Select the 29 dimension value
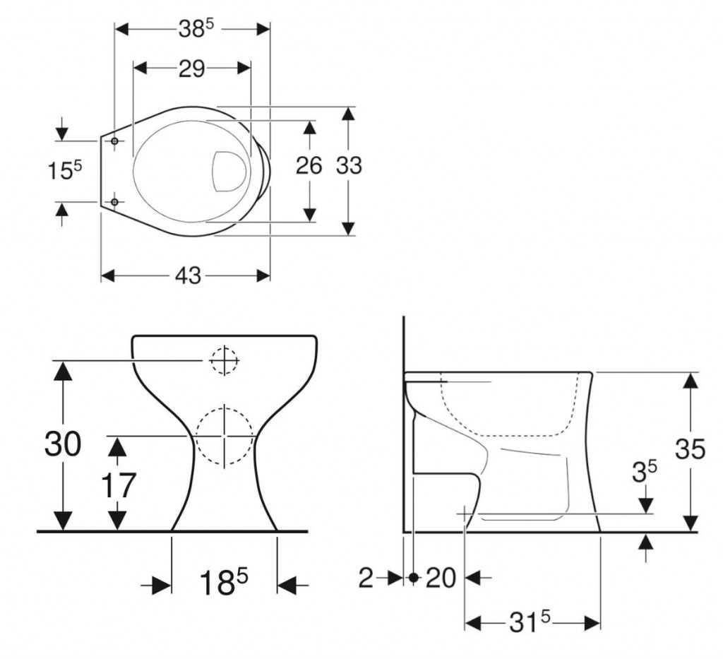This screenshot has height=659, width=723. [x=191, y=68]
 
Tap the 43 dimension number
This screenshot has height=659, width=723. [x=186, y=275]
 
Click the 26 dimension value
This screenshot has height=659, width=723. [x=309, y=165]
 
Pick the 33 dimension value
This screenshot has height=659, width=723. [x=348, y=165]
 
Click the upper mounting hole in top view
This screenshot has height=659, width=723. [x=115, y=141]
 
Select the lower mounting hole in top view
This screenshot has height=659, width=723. [x=115, y=203]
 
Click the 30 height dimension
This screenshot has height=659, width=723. [x=63, y=444]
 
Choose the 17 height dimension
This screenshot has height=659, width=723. [x=118, y=486]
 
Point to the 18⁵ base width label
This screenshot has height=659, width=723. [x=223, y=583]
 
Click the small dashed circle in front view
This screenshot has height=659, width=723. [x=224, y=361]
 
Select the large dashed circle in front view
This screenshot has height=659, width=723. [x=224, y=437]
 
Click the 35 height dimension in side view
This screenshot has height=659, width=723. [x=690, y=449]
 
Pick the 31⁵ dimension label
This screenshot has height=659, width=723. [x=530, y=622]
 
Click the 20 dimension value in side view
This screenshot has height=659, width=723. [x=441, y=578]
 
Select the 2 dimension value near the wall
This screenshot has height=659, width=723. [x=366, y=578]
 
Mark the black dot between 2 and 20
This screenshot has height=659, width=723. [x=413, y=578]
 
